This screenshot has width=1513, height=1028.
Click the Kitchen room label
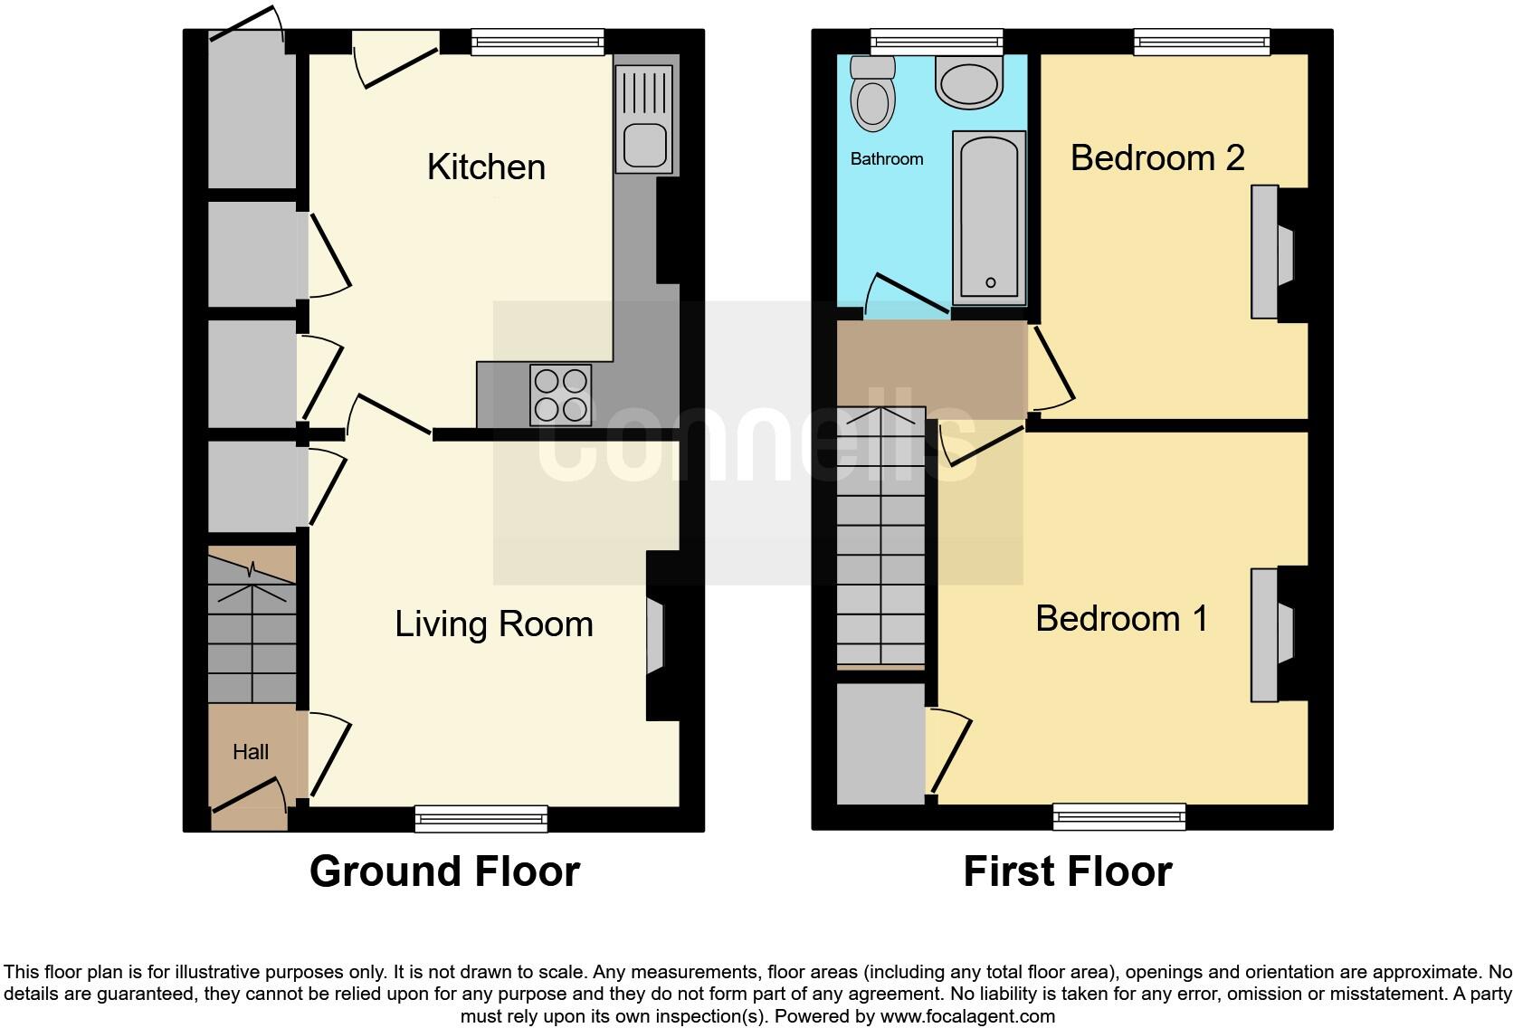pyautogui.click(x=486, y=167)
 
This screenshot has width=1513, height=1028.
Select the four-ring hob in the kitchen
pyautogui.click(x=561, y=395)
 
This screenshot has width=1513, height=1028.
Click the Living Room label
pyautogui.click(x=493, y=624)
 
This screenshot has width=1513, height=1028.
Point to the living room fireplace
pyautogui.click(x=655, y=635)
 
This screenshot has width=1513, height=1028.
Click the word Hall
pyautogui.click(x=251, y=752)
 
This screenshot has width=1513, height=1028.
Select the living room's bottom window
pyautogui.click(x=481, y=819)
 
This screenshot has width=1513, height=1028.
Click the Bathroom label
pyautogui.click(x=887, y=159)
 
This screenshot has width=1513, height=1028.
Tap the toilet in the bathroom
pyautogui.click(x=873, y=95)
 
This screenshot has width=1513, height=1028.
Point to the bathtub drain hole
pyautogui.click(x=990, y=283)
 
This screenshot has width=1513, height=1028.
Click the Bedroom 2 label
pyautogui.click(x=1157, y=157)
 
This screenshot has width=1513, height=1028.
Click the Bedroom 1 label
pyautogui.click(x=1121, y=619)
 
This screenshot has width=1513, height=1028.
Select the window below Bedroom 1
pyautogui.click(x=1119, y=817)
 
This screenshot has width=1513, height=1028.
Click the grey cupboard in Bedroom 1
pyautogui.click(x=880, y=743)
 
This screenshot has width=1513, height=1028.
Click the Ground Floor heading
pyautogui.click(x=444, y=871)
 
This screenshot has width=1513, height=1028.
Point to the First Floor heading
pyautogui.click(x=1067, y=871)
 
